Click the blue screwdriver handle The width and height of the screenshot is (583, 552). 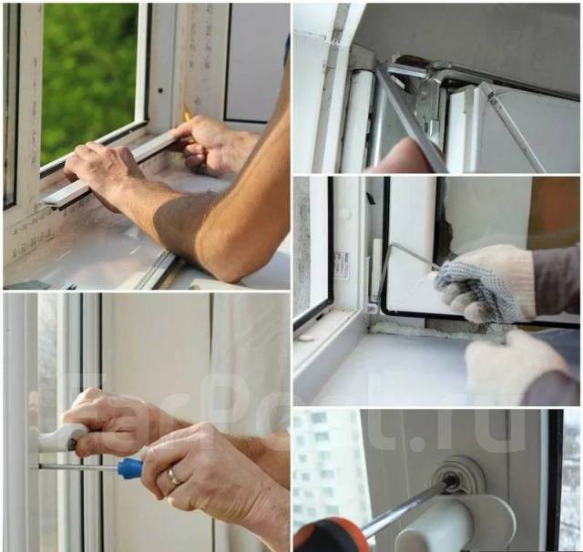(130, 467)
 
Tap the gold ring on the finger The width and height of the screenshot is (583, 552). (174, 475)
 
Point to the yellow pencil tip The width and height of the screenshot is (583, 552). (185, 112)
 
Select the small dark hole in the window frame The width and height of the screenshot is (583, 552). (160, 90)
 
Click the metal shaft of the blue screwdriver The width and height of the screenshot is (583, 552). (78, 467)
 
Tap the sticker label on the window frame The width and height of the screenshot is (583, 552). (342, 265)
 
